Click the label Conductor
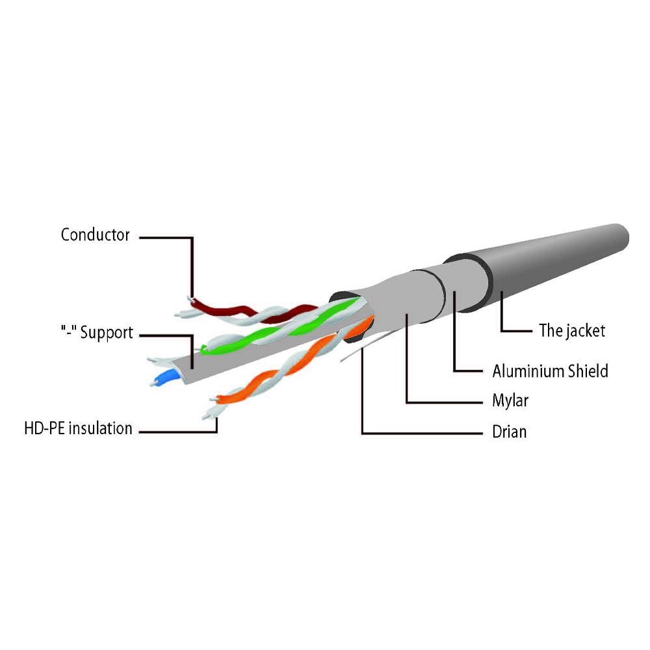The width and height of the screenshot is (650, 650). pos(95,235)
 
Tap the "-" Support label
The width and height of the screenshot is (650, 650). pos(97,332)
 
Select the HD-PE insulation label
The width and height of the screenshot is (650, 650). pos(79,428)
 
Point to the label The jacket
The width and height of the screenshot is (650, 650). pos(571,330)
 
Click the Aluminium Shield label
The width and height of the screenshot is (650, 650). pos(550,370)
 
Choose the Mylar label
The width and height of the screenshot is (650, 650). pos(510,400)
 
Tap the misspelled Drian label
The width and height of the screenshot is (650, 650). pos(509,432)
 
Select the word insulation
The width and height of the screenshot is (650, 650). pos(100,428)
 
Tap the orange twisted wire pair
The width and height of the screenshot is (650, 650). pos(290,365)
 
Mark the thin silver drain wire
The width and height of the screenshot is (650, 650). pos(365,346)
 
